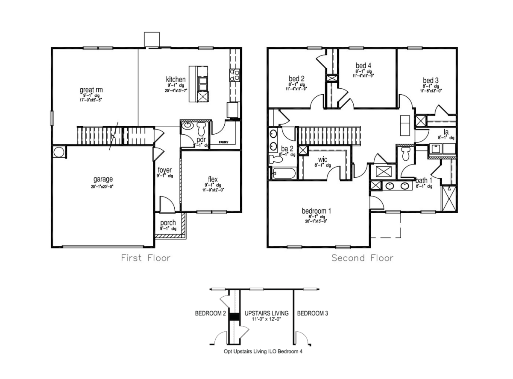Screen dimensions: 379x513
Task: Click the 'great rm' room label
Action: pos(91,90)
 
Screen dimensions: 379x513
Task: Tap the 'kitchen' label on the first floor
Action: pos(176,79)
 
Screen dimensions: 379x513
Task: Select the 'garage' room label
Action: pos(103,179)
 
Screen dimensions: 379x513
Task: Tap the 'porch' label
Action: pos(168,223)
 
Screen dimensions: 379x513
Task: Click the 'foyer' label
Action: pos(164,170)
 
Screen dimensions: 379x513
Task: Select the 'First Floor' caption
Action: pos(146,258)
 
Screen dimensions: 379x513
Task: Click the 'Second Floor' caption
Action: pos(362,258)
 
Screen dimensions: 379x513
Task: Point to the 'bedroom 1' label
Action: pos(316,211)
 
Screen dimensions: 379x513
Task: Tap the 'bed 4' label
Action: pos(363,65)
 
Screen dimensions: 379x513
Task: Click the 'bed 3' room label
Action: pos(431,80)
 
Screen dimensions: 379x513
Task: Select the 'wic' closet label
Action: pos(323,159)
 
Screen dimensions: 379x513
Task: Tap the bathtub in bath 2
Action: pos(282,174)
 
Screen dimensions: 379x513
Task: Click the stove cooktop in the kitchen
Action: pos(235,75)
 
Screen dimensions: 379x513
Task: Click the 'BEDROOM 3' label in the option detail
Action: pos(312,313)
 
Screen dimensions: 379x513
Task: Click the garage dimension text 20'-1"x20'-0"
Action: pos(103,186)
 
